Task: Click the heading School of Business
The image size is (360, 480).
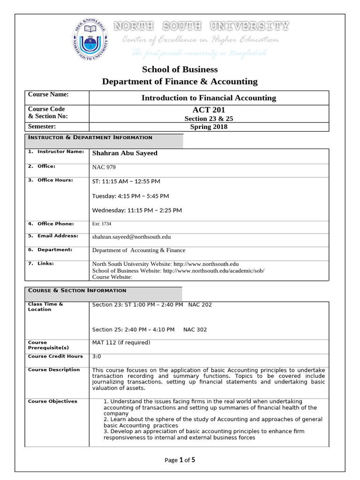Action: [x=180, y=70]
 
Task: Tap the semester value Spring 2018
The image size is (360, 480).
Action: [x=209, y=127]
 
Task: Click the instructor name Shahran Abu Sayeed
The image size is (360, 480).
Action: [x=125, y=153]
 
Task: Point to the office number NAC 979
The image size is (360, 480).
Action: [x=104, y=167]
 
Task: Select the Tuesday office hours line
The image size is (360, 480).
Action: [x=130, y=195]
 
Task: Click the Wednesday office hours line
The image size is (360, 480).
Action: [x=137, y=210]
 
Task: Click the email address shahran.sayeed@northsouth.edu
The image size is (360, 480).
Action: [x=131, y=237]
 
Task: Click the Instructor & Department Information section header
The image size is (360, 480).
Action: [x=90, y=137]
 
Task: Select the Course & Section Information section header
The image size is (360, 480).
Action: [x=77, y=290]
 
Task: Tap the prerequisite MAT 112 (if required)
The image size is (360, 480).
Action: [x=121, y=343]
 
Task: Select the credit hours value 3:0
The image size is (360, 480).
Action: [x=97, y=356]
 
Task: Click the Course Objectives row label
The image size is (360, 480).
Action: [x=52, y=401]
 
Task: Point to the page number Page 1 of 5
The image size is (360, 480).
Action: [x=180, y=460]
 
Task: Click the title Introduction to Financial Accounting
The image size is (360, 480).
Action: [x=209, y=98]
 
